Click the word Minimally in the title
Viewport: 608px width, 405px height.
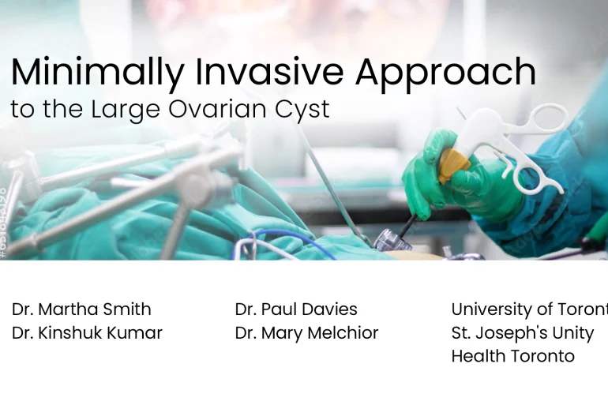(96, 73)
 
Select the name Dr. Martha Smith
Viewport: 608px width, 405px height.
(81, 309)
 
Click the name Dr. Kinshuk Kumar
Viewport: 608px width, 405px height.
(87, 332)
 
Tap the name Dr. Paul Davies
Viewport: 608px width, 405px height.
(296, 309)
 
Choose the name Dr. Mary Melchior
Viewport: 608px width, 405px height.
(306, 332)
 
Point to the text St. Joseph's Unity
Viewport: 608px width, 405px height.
(523, 332)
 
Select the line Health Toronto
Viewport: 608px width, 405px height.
(512, 356)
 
